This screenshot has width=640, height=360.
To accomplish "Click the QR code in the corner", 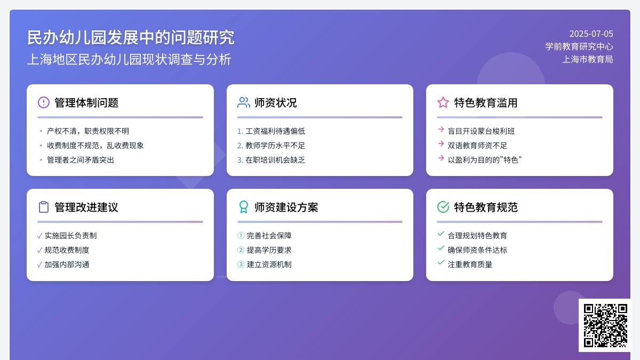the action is tap(605, 325).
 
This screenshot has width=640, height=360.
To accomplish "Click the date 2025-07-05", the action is tap(591, 34).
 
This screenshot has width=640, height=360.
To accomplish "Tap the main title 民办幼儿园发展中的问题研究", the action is tap(131, 37).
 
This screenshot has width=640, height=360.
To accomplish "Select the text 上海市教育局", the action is tap(588, 59).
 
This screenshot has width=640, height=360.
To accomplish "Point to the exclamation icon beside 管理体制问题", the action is tap(44, 102).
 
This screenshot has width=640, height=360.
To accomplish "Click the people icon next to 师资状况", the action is tap(243, 102).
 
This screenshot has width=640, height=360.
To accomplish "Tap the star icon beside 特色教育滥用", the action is tap(443, 102).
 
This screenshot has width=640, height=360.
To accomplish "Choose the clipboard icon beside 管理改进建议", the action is tap(44, 207).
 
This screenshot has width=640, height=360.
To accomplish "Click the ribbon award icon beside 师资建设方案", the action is tap(243, 207).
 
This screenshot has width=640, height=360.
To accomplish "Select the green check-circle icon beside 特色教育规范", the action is tap(443, 207).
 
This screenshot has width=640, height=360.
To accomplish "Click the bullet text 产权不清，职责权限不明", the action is tap(88, 131).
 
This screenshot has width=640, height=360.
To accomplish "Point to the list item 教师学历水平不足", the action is tap(275, 146).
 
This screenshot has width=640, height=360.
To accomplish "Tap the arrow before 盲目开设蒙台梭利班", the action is tap(441, 129).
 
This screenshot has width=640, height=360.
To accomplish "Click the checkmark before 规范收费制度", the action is tap(39, 250).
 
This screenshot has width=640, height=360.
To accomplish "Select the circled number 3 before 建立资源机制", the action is tap(241, 265).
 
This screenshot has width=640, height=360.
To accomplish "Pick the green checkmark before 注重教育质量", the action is tap(441, 262).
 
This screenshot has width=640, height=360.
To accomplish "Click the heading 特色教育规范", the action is tap(486, 207).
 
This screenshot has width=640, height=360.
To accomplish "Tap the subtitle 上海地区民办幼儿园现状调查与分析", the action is tap(129, 59).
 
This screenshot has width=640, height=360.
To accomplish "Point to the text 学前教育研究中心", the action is tap(579, 46).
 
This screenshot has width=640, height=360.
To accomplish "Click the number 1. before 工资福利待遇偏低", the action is tap(240, 131).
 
